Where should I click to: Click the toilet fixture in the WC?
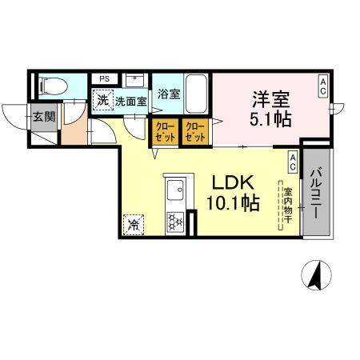[50, 84]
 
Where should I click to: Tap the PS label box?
[104, 79]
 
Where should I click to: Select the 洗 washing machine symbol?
[102, 101]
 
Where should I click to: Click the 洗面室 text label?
[130, 102]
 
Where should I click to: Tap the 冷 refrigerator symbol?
[133, 225]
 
